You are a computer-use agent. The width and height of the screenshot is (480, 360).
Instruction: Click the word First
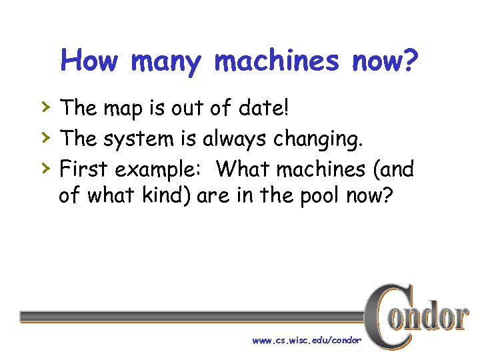pyautogui.click(x=85, y=169)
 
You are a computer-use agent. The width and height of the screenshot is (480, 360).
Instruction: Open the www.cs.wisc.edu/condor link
pyautogui.click(x=307, y=340)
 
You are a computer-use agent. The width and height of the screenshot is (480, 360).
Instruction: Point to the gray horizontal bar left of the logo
pyautogui.click(x=193, y=316)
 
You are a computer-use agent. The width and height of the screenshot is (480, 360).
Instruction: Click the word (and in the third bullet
pyautogui.click(x=395, y=170)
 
